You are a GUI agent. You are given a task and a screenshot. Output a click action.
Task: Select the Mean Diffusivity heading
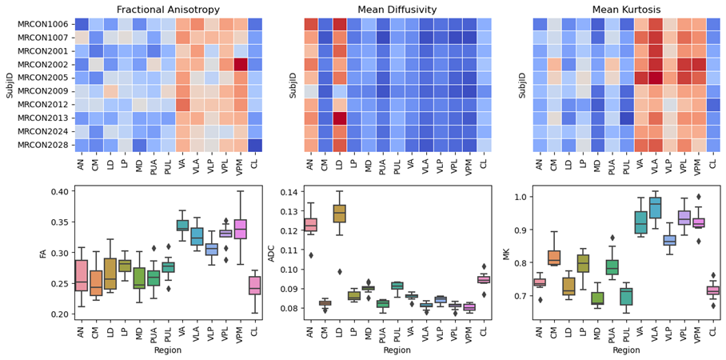point(397,9)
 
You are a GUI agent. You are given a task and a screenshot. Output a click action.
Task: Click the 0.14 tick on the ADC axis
point(289,192)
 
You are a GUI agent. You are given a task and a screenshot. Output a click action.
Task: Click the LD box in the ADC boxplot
point(339,214)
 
